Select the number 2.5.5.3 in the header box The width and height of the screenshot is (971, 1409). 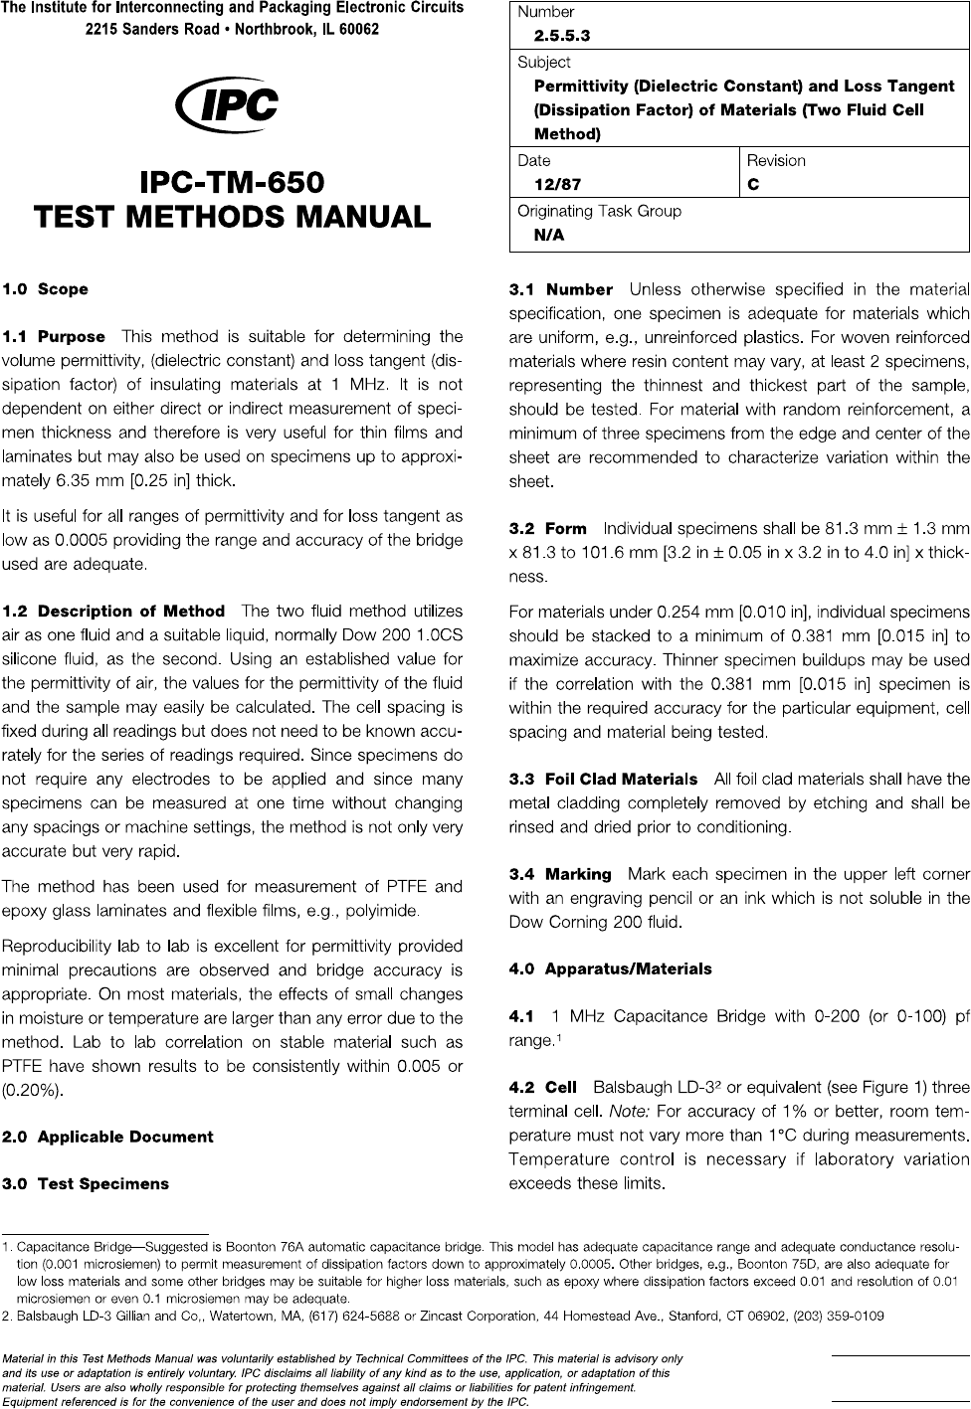562,37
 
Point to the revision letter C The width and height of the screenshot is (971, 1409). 753,185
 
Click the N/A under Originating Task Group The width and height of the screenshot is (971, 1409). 549,235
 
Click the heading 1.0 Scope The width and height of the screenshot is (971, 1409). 45,289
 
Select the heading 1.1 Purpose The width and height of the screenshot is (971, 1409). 54,337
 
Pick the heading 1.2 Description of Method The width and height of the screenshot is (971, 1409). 114,612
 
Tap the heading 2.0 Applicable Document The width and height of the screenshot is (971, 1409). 107,1137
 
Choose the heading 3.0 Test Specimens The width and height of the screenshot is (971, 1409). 86,1184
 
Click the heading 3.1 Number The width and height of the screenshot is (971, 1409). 560,289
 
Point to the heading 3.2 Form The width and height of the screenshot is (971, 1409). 547,529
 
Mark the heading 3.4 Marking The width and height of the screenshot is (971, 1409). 559,874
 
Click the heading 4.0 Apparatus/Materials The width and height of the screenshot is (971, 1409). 610,969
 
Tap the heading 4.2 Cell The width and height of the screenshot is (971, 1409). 542,1088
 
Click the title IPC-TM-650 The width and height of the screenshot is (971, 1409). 232,183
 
